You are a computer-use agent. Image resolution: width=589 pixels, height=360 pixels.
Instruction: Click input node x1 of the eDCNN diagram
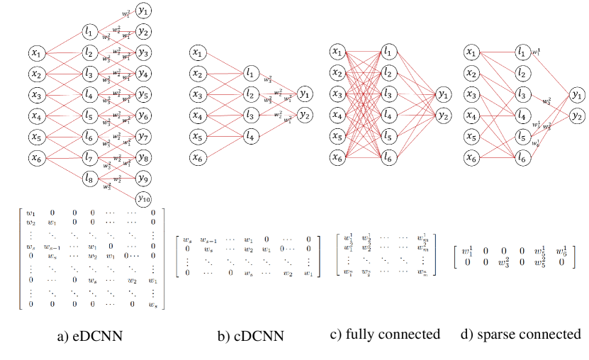coord(37,52)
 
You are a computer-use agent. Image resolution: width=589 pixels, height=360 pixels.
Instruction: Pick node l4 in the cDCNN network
coord(249,135)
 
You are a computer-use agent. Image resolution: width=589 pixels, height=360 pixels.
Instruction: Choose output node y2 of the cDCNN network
coord(305,114)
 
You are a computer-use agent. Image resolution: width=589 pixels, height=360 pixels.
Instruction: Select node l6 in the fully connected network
coord(388,157)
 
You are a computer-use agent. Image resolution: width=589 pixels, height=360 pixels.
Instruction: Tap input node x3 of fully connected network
coord(339,94)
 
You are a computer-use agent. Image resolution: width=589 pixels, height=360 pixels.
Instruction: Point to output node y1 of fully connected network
coord(443,94)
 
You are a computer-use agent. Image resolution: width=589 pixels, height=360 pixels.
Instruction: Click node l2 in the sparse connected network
coord(522,73)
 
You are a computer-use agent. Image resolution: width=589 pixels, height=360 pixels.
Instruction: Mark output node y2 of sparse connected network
coord(578,116)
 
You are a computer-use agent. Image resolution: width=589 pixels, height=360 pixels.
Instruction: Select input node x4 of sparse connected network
coord(470,115)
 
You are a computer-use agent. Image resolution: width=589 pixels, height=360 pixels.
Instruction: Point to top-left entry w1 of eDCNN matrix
coord(29,212)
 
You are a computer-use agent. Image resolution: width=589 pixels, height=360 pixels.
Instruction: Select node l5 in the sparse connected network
coord(522,135)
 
